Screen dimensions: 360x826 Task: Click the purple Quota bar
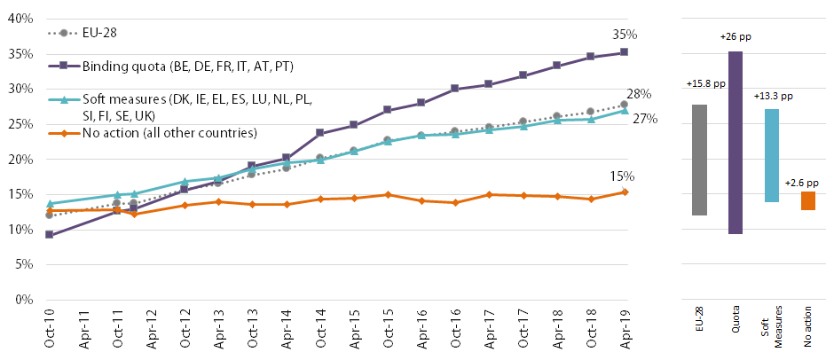click(x=736, y=143)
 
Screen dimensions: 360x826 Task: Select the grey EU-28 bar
click(x=700, y=160)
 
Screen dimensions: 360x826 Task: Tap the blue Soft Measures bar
click(x=772, y=155)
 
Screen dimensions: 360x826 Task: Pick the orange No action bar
click(x=807, y=201)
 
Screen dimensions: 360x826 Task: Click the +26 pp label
click(x=736, y=38)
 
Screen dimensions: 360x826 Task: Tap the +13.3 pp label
click(x=773, y=96)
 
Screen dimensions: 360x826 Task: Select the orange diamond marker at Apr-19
click(x=625, y=192)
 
